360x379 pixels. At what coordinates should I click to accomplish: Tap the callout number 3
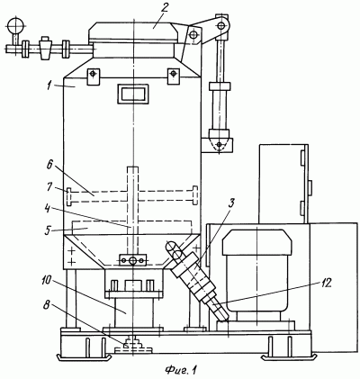pos(230,203)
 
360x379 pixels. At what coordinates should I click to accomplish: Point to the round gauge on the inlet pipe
pos(15,25)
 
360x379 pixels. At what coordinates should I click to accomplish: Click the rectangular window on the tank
pos(133,94)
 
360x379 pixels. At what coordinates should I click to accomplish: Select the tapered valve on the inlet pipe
pos(45,48)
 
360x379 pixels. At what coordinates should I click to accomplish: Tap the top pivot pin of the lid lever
pos(222,25)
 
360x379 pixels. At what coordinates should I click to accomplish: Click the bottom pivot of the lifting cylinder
pos(220,145)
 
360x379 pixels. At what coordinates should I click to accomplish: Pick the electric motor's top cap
pos(257,241)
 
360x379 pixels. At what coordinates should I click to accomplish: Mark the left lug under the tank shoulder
pos(94,77)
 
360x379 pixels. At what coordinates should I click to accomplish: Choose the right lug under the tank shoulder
pos(174,77)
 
